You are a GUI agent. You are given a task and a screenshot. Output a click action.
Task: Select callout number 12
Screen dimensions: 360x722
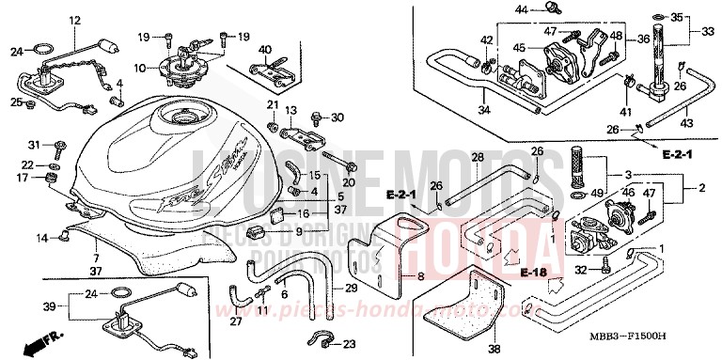(x=75, y=20)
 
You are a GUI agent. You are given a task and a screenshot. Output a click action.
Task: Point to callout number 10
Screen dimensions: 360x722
(x=140, y=68)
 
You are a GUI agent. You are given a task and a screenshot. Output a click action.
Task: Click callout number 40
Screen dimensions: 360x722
(x=264, y=50)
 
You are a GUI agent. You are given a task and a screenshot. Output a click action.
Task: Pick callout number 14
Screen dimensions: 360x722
(x=42, y=240)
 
